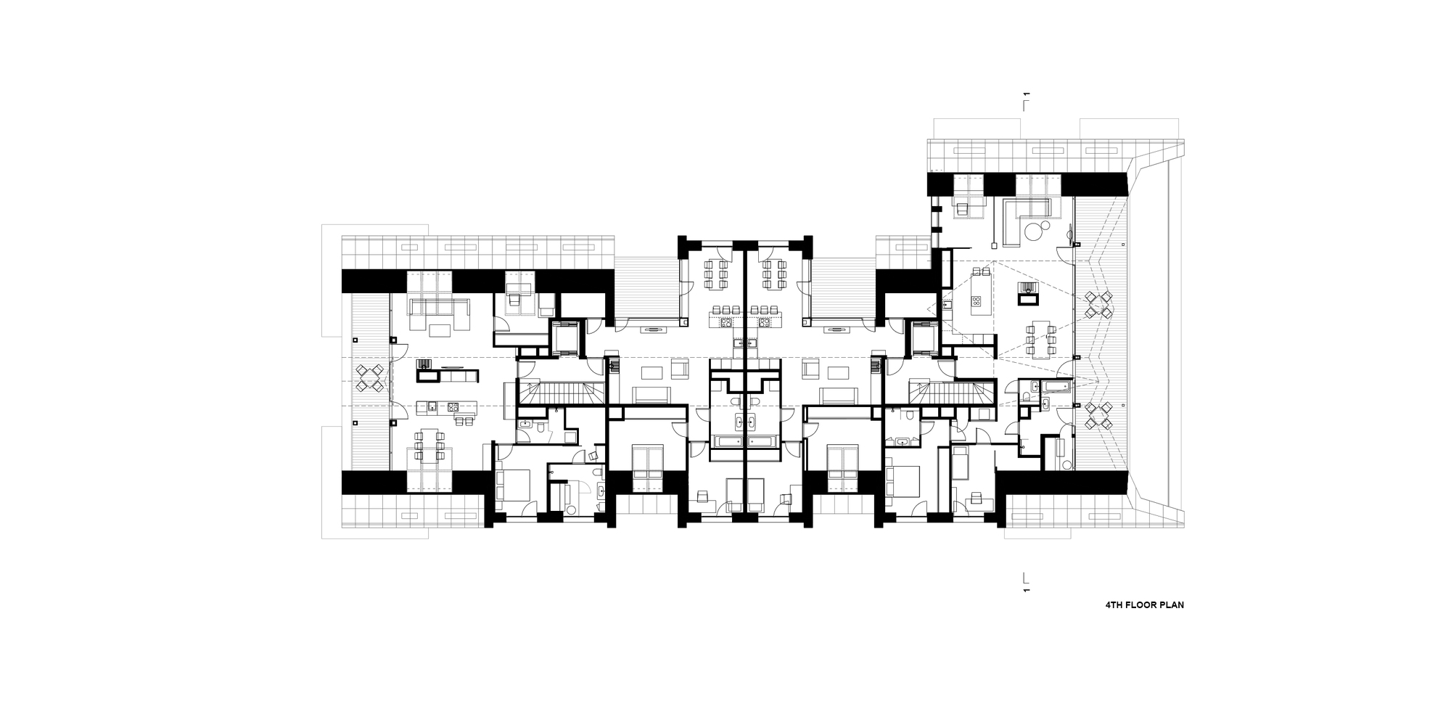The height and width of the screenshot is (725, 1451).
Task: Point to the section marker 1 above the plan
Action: click(1026, 95)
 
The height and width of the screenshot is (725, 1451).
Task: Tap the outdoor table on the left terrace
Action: click(370, 377)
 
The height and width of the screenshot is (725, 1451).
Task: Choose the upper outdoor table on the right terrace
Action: click(1097, 305)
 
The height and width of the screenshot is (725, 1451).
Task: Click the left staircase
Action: click(562, 394)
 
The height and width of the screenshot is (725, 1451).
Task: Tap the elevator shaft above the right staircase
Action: click(924, 337)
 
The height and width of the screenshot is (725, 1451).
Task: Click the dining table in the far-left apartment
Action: click(429, 447)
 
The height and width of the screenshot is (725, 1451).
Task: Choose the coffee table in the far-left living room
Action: click(439, 331)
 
